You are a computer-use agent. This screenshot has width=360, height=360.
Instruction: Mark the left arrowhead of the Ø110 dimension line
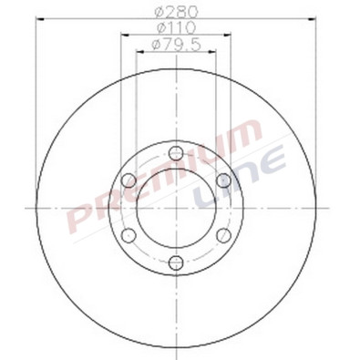123,37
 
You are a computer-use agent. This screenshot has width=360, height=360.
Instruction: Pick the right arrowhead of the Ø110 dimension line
228,37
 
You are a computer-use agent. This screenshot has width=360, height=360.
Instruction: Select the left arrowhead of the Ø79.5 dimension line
138,52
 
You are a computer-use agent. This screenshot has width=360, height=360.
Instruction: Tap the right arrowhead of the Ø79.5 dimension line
212,52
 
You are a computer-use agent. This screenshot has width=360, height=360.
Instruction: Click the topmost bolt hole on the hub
175,153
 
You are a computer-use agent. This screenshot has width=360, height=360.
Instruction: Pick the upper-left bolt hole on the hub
128,180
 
